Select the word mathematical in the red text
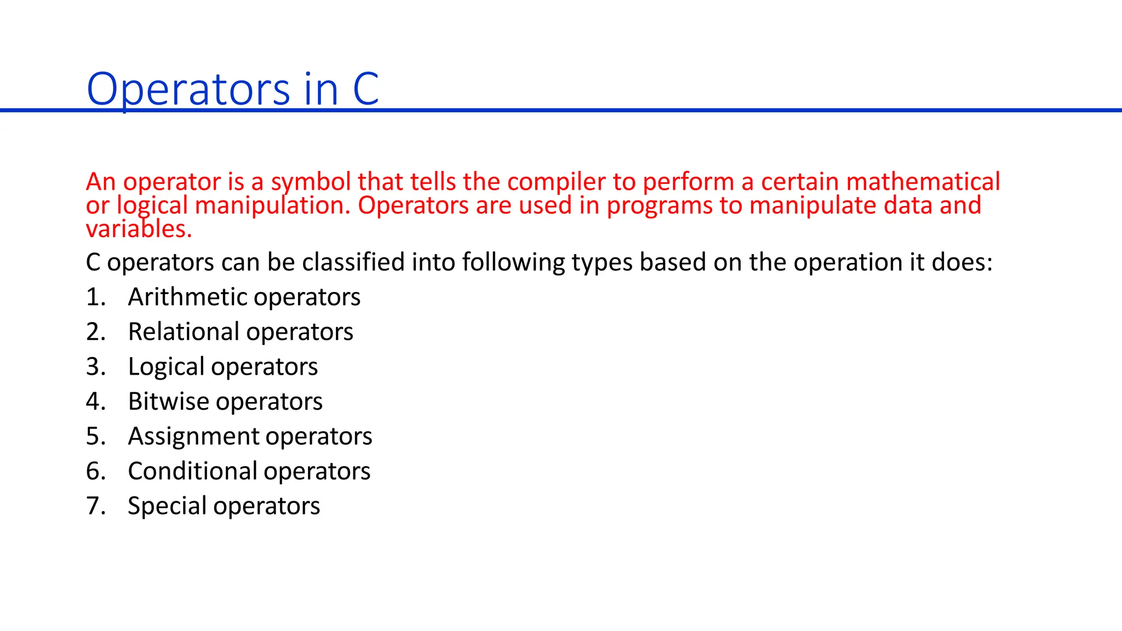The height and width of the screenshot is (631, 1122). [x=923, y=182]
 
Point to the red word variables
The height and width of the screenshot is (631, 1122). [x=139, y=229]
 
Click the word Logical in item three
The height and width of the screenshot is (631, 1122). [x=165, y=367]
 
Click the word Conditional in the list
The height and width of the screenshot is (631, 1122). [x=192, y=471]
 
